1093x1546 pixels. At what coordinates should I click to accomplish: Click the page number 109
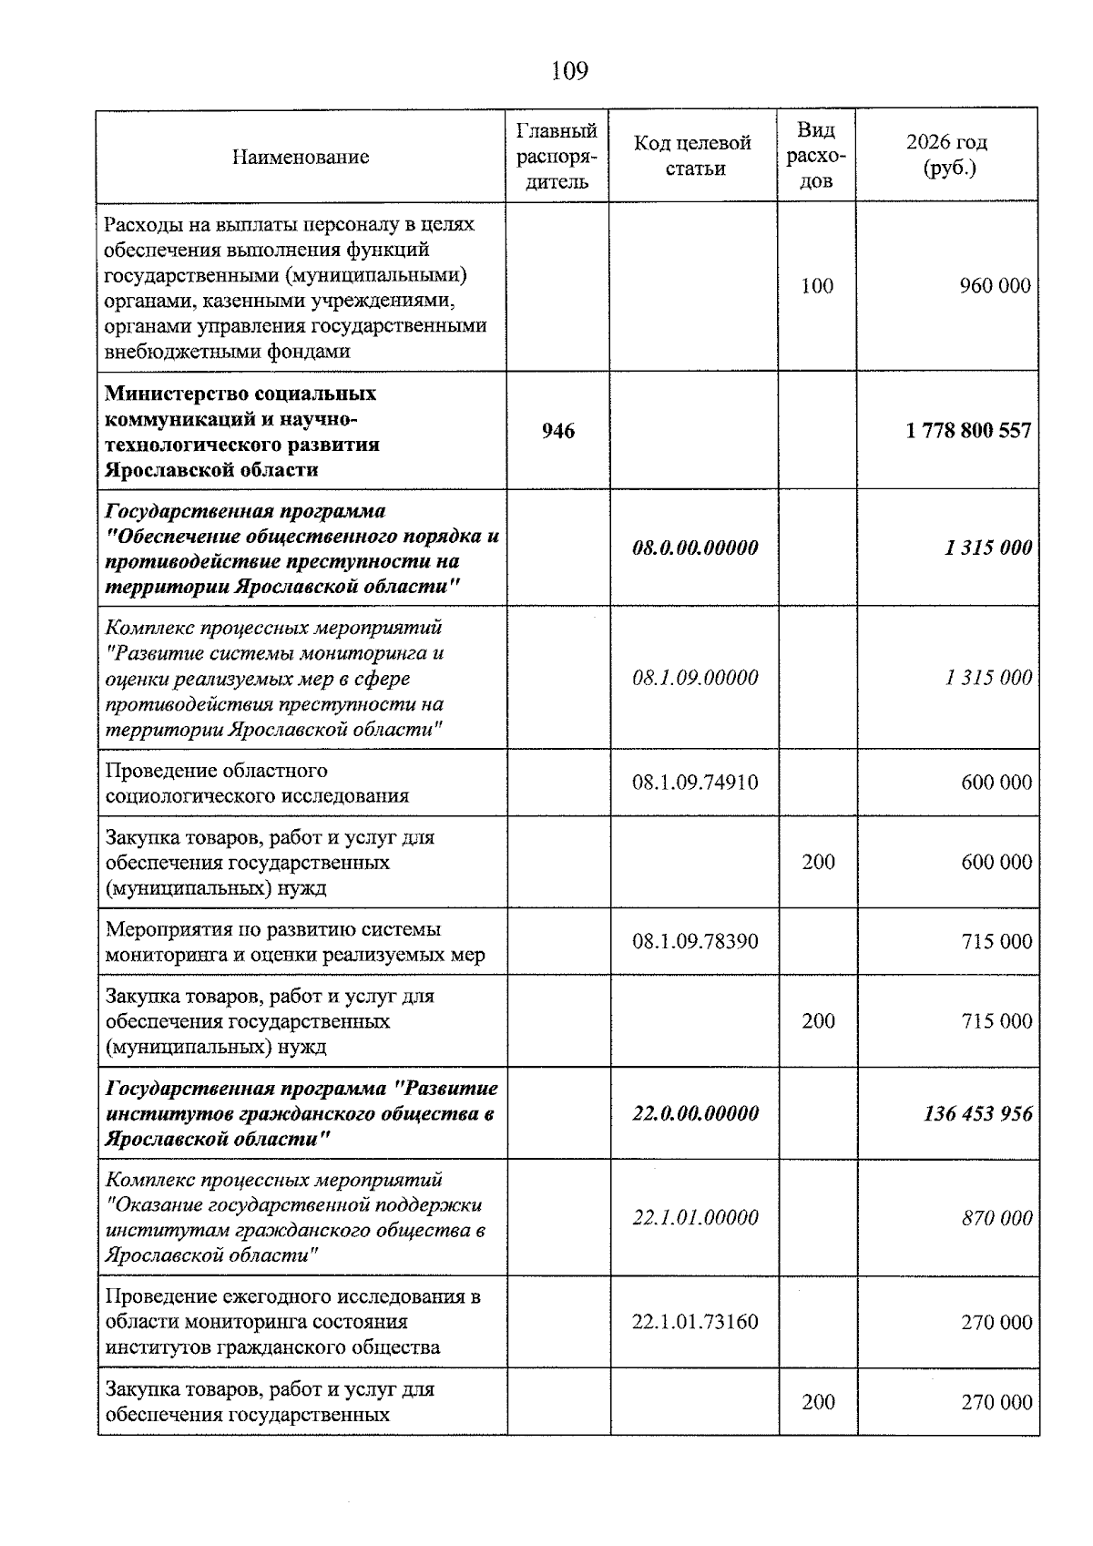tap(570, 70)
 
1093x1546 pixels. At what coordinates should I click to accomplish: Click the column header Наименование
tap(301, 157)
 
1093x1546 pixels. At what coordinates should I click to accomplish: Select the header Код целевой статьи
tap(693, 156)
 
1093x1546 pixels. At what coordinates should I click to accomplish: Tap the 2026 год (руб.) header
tap(947, 156)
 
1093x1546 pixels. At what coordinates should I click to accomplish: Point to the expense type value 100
tap(817, 286)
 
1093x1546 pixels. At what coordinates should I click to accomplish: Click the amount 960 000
tap(995, 286)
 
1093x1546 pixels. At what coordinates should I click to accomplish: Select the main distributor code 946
tap(558, 431)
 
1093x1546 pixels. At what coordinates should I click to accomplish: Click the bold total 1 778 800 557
tap(968, 431)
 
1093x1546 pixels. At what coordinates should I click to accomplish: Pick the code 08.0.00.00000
tap(695, 548)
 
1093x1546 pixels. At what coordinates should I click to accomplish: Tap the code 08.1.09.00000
tap(695, 678)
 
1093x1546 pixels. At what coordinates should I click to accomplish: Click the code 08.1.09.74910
tap(695, 783)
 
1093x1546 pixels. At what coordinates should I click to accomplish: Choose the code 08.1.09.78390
tap(695, 941)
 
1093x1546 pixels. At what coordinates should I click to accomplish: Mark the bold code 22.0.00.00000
tap(695, 1113)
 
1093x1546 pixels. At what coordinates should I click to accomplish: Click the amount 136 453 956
tap(978, 1113)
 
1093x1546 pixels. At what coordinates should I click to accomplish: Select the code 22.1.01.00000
tap(695, 1218)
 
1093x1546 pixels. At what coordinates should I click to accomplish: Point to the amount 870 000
tap(996, 1218)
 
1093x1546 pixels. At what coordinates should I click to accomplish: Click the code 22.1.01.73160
tap(695, 1322)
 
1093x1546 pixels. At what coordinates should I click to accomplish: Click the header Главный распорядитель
tap(557, 156)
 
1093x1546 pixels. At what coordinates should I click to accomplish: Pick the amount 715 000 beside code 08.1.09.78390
tap(996, 941)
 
